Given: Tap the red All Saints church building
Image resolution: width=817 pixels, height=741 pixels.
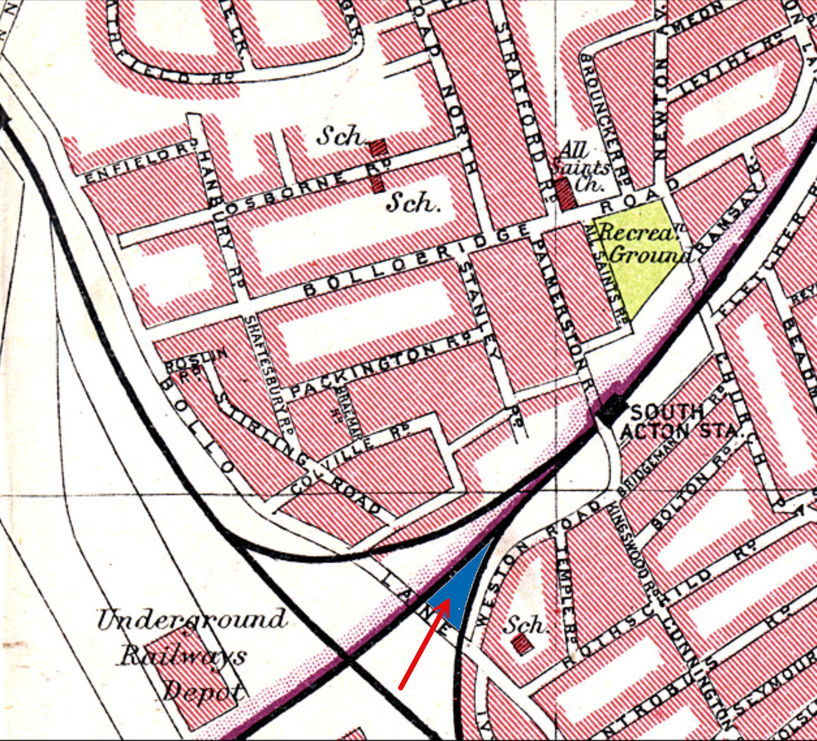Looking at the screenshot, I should click(564, 194).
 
